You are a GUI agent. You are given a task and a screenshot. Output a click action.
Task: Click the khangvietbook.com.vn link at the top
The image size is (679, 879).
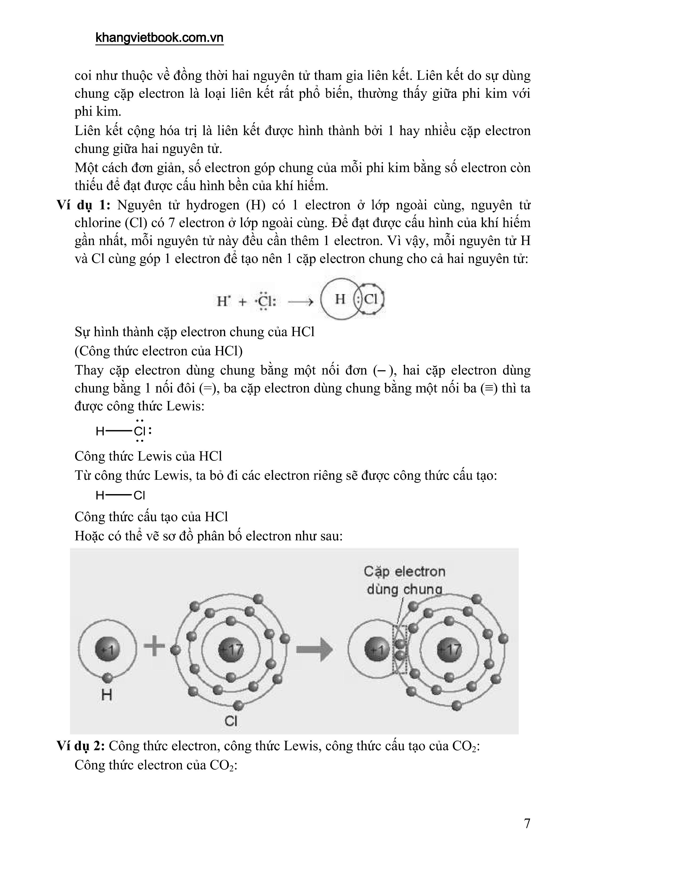tap(159, 38)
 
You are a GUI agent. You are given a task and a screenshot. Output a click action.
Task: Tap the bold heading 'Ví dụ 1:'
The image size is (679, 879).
tap(83, 205)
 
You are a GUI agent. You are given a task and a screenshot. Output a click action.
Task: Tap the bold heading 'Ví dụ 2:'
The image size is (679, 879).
tap(81, 746)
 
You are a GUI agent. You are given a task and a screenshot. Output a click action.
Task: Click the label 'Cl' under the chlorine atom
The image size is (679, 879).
tap(231, 721)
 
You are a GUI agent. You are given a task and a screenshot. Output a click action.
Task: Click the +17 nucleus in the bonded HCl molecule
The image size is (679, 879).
tap(449, 650)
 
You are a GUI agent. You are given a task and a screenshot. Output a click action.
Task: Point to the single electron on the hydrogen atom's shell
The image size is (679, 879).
tap(107, 678)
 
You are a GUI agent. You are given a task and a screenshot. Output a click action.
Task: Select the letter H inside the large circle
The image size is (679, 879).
tap(340, 299)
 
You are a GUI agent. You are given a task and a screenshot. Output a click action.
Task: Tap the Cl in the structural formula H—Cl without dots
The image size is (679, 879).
tap(139, 495)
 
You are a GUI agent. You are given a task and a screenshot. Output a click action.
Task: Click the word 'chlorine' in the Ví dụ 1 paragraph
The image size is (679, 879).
tap(98, 223)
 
